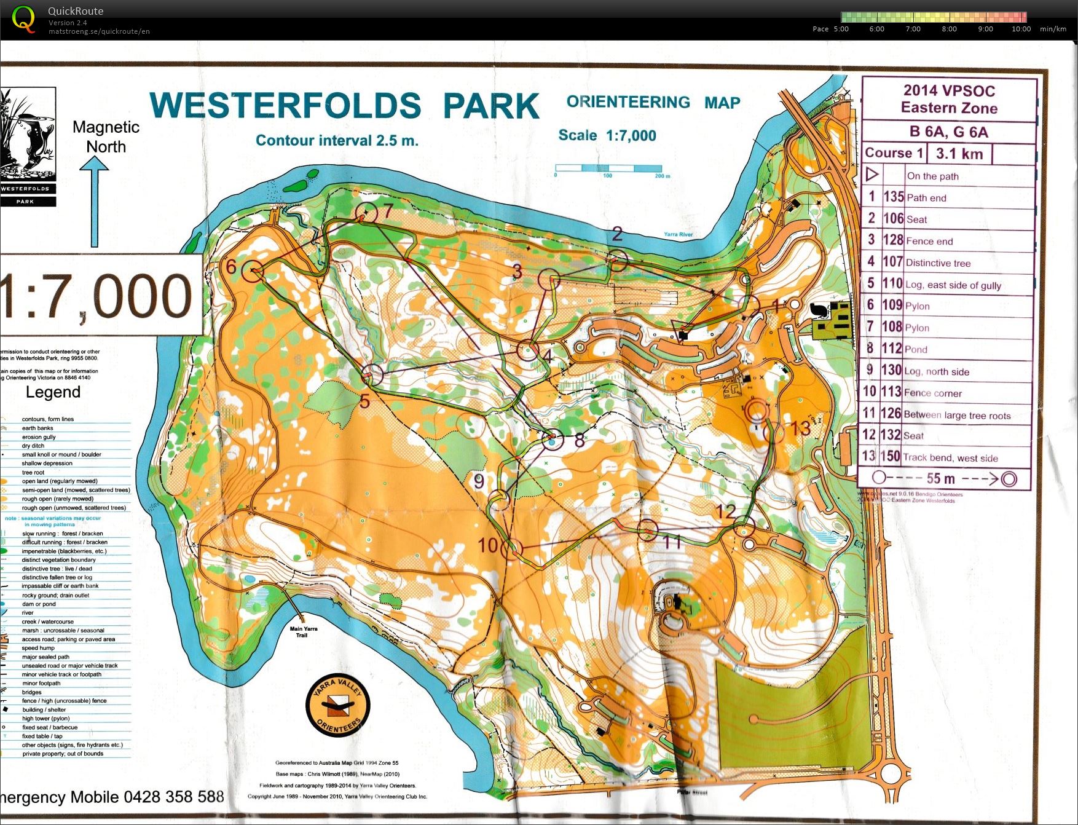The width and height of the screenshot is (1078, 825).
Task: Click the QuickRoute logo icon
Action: (x=23, y=18)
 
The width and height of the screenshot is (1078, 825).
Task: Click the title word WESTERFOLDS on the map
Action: (x=286, y=106)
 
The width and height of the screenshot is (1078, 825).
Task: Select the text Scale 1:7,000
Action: (x=607, y=135)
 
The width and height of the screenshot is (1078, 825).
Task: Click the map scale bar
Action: (x=608, y=168)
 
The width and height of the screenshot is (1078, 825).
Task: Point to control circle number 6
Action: (x=252, y=270)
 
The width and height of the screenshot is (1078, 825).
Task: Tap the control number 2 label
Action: (x=617, y=234)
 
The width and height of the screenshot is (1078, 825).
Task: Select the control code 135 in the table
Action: (x=893, y=197)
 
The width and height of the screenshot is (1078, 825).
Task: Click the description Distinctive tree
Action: (x=938, y=263)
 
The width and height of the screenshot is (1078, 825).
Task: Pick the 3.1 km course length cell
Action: (x=959, y=154)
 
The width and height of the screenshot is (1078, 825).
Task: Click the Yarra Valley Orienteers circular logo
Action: (x=338, y=706)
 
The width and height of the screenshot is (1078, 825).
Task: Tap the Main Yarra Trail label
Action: (x=303, y=631)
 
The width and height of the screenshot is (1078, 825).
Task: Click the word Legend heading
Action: (x=53, y=392)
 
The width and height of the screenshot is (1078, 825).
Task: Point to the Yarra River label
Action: (x=678, y=234)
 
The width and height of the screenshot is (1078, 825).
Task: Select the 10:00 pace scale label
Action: (x=1021, y=29)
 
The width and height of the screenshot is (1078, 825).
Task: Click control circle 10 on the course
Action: (x=511, y=548)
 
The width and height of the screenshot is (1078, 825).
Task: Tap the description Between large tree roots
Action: (x=957, y=416)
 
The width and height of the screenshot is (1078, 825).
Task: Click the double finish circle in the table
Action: (x=1009, y=479)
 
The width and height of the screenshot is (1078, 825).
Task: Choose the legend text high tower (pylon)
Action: (x=46, y=718)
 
